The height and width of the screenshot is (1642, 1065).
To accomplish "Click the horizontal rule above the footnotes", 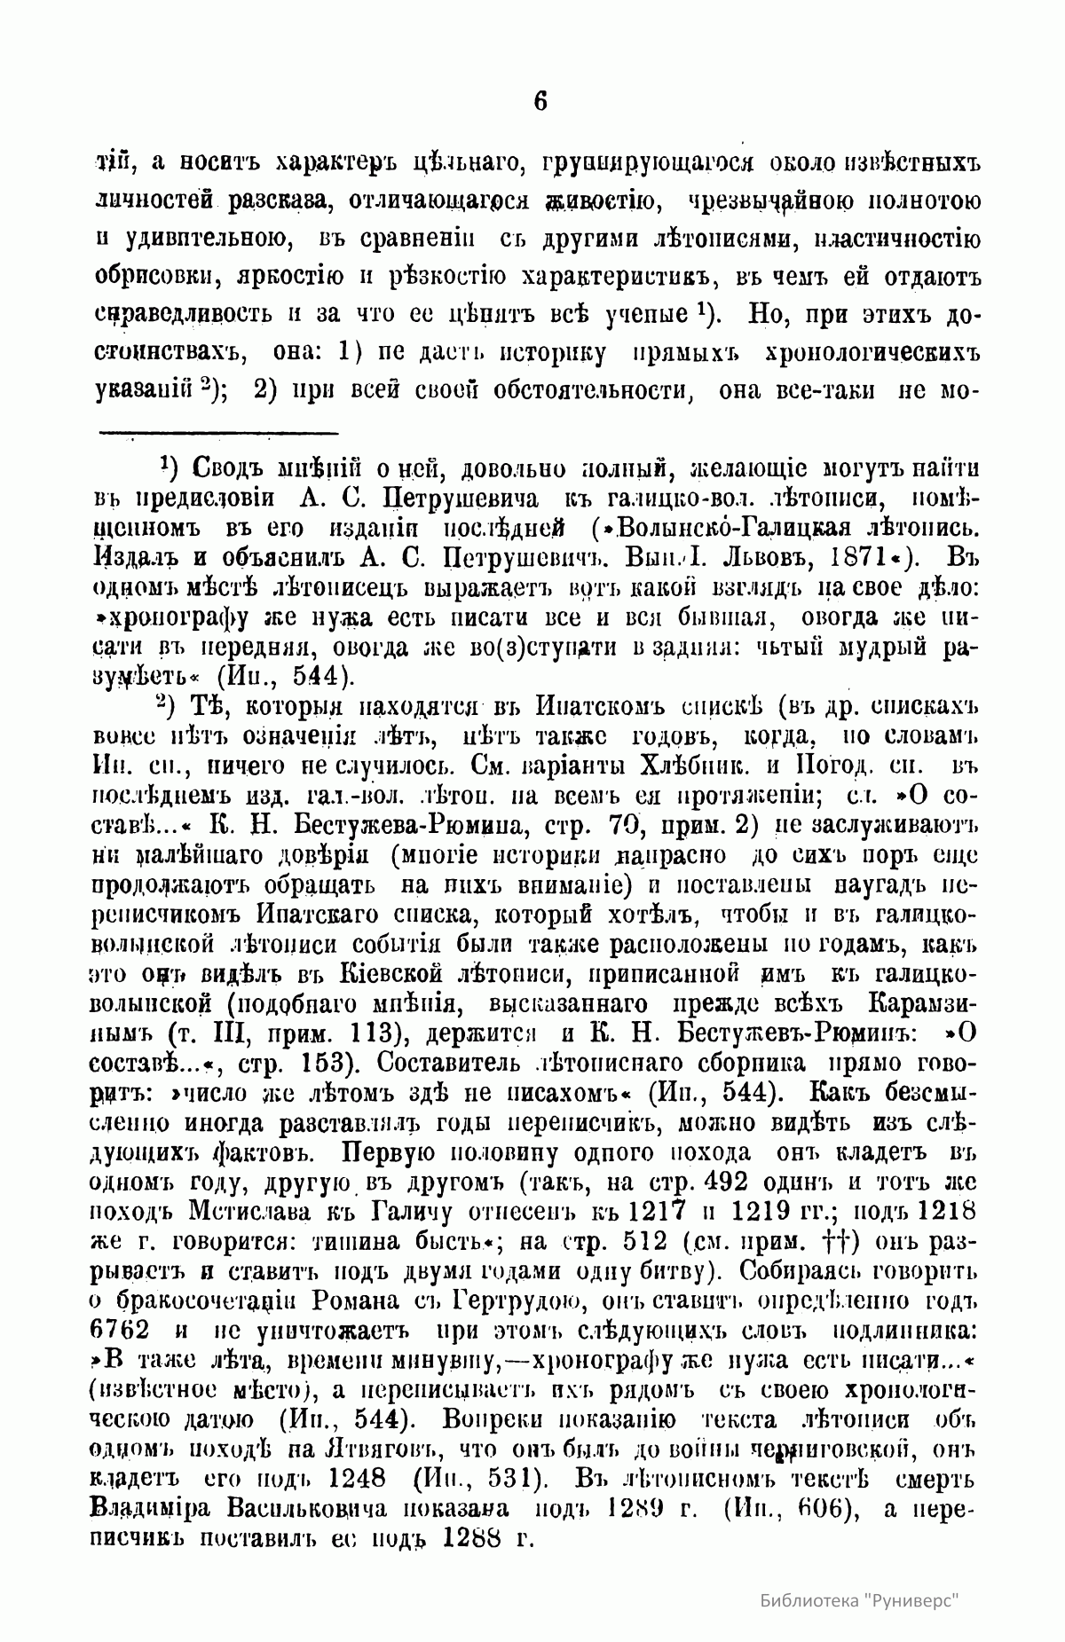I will pyautogui.click(x=218, y=433).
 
